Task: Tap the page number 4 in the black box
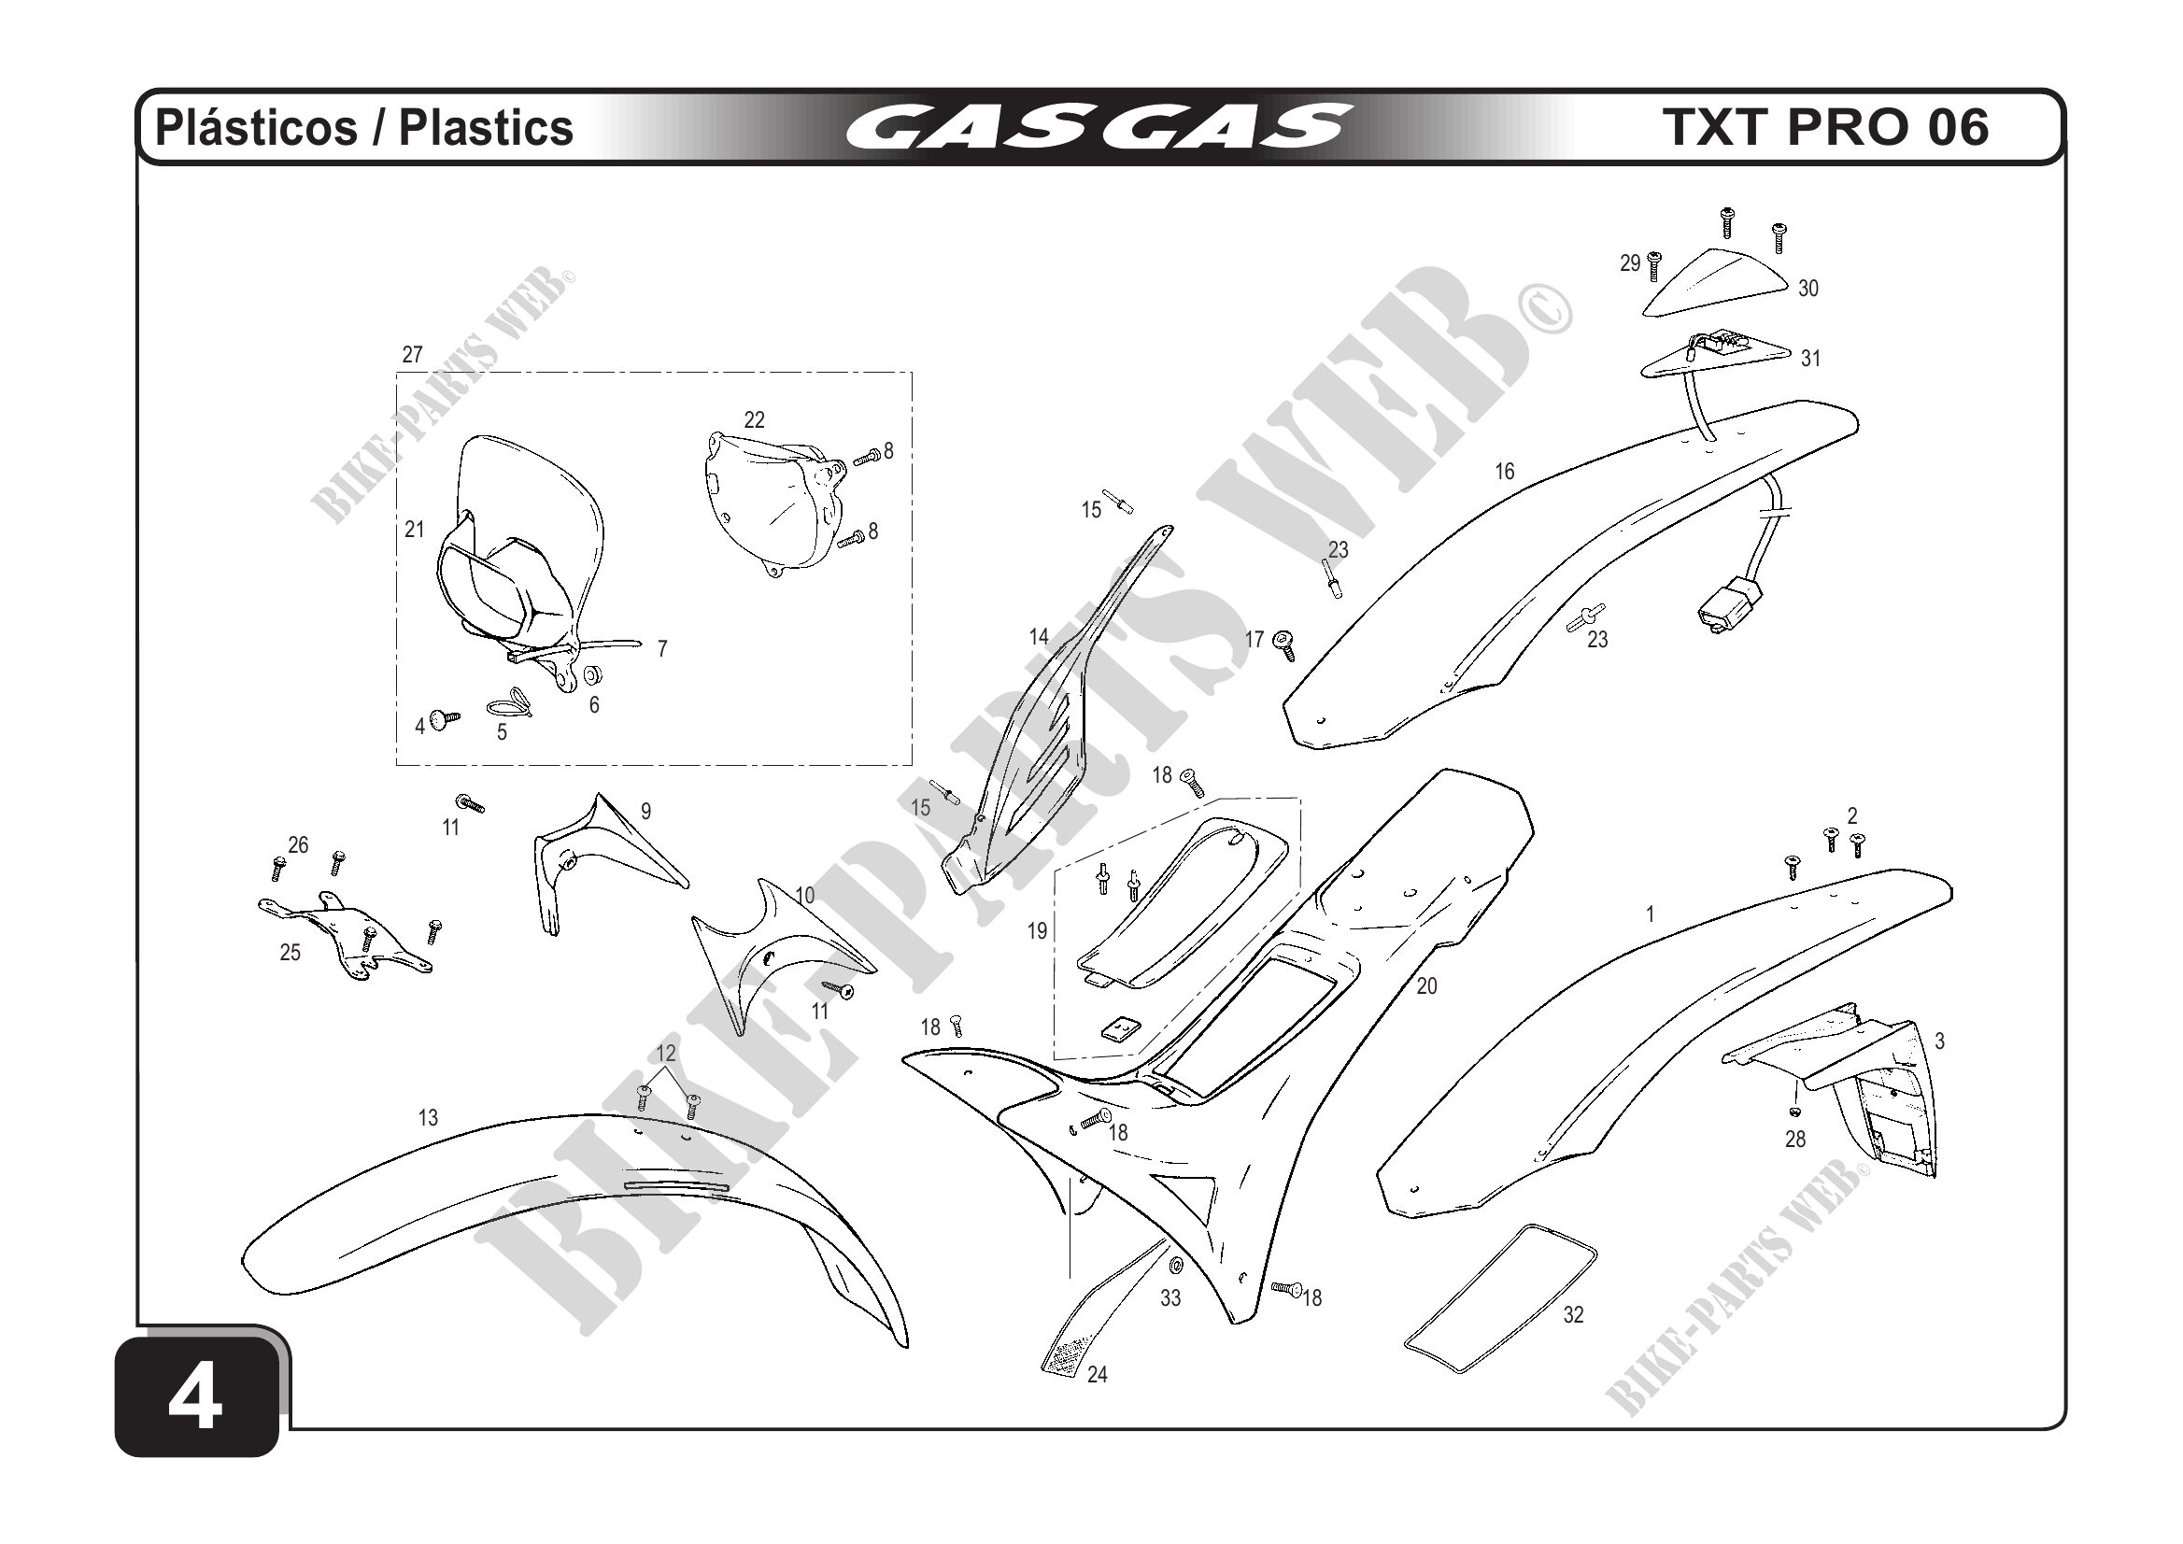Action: point(196,1399)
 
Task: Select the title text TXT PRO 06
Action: point(1824,127)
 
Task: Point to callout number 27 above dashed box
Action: point(412,355)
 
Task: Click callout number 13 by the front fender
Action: point(428,1118)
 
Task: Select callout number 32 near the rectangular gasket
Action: point(1574,1315)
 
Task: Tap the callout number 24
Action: point(1098,1375)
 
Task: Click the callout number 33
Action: point(1170,1297)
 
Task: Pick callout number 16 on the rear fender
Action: point(1504,472)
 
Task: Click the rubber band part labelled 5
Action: point(509,705)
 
